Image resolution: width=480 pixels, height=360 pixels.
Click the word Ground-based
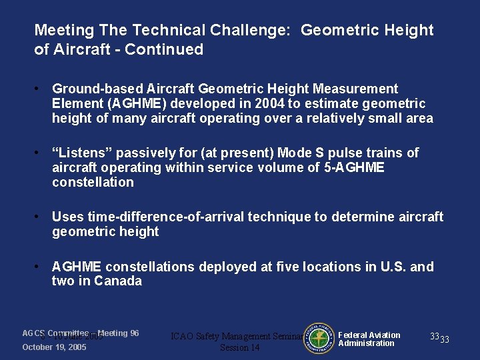pos(93,89)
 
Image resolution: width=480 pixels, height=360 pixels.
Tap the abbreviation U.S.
pos(391,267)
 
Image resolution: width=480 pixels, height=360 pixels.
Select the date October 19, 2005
pos(55,347)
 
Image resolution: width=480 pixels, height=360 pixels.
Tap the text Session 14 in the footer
pos(239,347)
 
